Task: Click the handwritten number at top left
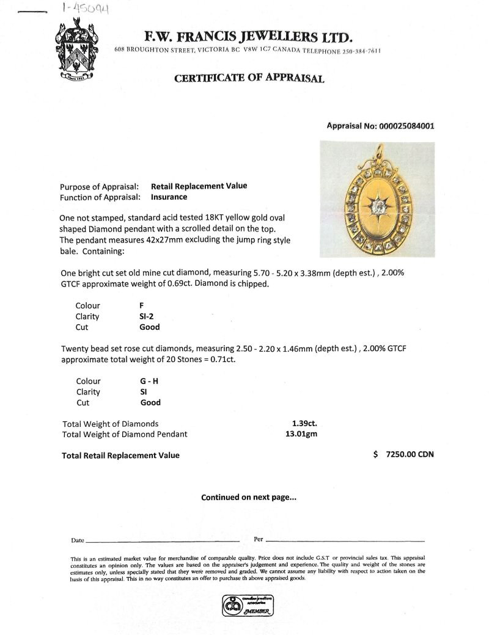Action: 86,9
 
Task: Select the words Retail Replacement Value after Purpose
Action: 199,186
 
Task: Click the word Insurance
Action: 169,197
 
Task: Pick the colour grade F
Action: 142,306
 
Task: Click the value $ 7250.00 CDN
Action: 403,455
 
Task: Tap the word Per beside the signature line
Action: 258,540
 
